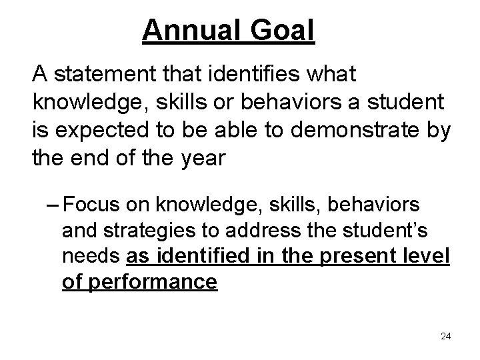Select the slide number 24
446,336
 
